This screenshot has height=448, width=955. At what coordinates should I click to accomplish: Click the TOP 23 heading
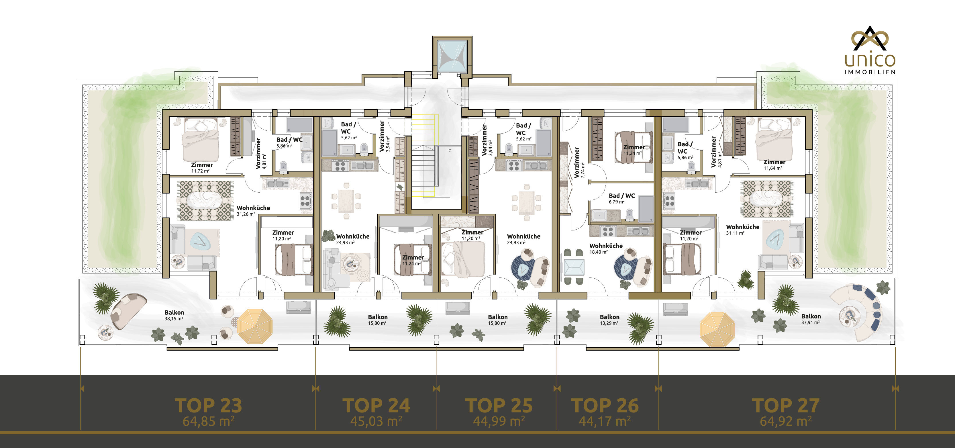208,405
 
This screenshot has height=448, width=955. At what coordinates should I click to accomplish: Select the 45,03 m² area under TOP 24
376,421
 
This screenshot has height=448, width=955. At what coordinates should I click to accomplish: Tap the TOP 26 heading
605,405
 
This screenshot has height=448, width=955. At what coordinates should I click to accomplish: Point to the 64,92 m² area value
786,421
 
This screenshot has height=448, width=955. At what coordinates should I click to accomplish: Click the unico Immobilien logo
870,50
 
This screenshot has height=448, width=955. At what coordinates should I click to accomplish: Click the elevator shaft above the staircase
452,56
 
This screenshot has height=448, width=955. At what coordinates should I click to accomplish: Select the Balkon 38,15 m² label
174,315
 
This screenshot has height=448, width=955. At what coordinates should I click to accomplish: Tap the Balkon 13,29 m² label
609,320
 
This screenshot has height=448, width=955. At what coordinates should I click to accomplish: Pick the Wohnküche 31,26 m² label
253,211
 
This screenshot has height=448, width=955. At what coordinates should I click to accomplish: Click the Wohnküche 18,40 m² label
606,249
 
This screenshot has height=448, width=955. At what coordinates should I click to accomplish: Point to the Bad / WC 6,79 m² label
622,198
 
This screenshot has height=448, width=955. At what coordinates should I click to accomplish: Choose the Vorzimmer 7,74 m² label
579,163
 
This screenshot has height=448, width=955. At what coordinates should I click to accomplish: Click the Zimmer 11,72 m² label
202,168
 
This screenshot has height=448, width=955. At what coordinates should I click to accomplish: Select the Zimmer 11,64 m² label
774,165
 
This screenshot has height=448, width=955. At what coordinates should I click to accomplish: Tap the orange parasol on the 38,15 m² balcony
255,326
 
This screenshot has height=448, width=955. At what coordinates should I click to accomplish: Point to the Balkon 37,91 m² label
811,319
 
